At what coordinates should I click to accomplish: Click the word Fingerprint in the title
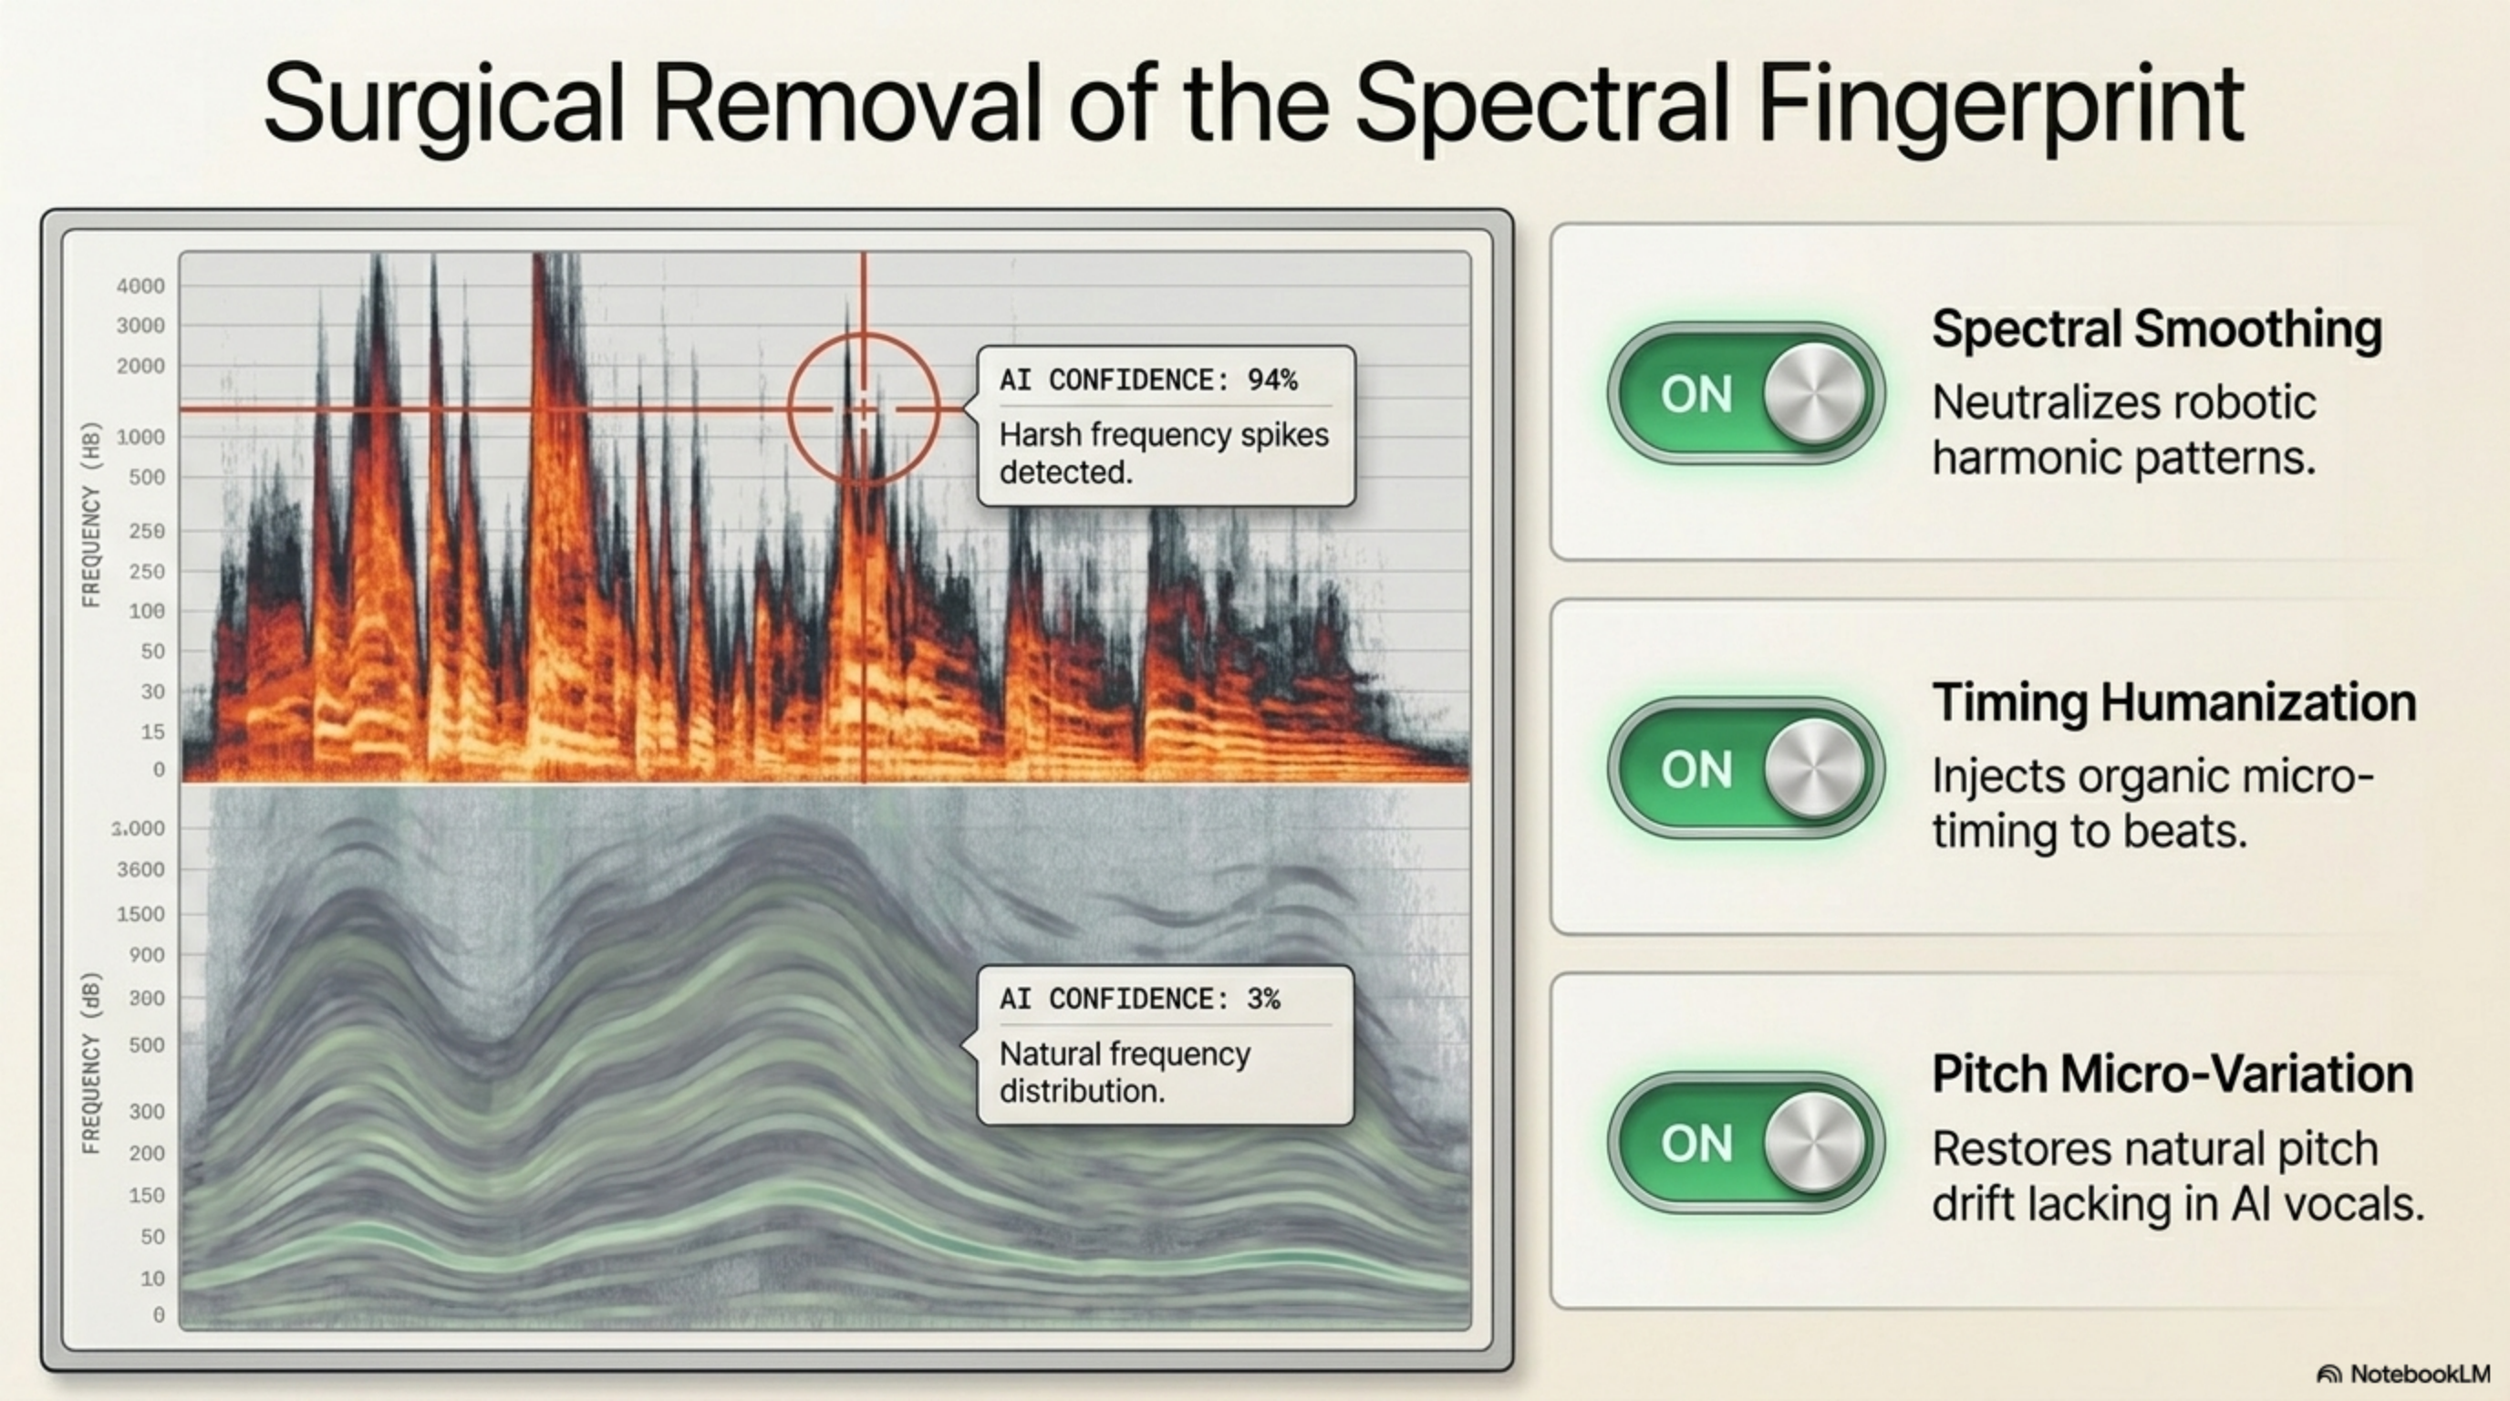point(2001,105)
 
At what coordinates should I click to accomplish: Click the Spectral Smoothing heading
point(2157,329)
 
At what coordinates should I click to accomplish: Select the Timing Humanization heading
point(2174,702)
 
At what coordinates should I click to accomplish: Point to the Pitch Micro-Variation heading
point(2173,1074)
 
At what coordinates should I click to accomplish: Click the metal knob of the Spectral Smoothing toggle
point(1814,394)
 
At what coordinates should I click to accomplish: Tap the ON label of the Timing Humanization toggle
point(1696,770)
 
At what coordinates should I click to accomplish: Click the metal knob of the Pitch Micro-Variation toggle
point(1814,1142)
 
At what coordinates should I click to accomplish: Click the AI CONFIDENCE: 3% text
point(1140,999)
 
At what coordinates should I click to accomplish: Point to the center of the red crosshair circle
point(864,410)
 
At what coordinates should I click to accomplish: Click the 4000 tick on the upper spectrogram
point(140,285)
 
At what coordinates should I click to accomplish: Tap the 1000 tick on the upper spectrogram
point(140,437)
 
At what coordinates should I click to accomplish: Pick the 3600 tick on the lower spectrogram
point(140,869)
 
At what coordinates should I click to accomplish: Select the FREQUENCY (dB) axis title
point(91,1063)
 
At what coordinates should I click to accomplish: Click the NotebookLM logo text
point(2420,1374)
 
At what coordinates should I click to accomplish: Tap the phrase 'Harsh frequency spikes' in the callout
point(1164,434)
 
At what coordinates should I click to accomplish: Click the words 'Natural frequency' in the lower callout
point(1125,1054)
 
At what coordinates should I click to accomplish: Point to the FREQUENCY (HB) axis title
point(91,514)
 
